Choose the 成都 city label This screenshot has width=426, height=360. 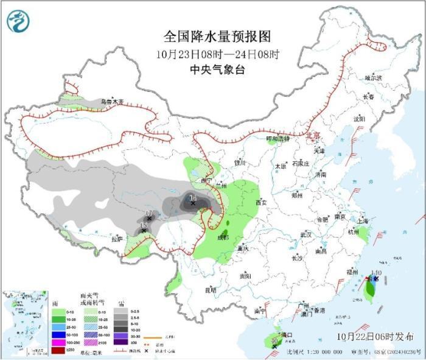pos(222,237)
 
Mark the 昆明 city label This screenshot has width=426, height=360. pos(210,290)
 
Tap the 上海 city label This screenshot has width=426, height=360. pos(363,221)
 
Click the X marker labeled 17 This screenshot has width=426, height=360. pos(149,218)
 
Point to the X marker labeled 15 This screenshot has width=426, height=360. pos(144,230)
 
